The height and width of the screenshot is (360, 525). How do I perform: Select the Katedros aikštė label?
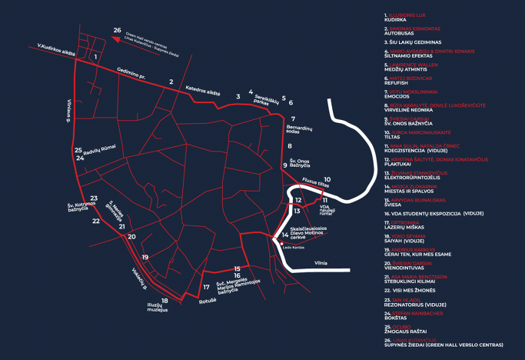coord(203,91)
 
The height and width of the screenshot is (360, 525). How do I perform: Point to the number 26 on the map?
coord(117,30)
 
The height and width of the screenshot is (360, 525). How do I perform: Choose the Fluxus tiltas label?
coord(314,184)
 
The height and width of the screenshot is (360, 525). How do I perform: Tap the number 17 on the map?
coord(206,287)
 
